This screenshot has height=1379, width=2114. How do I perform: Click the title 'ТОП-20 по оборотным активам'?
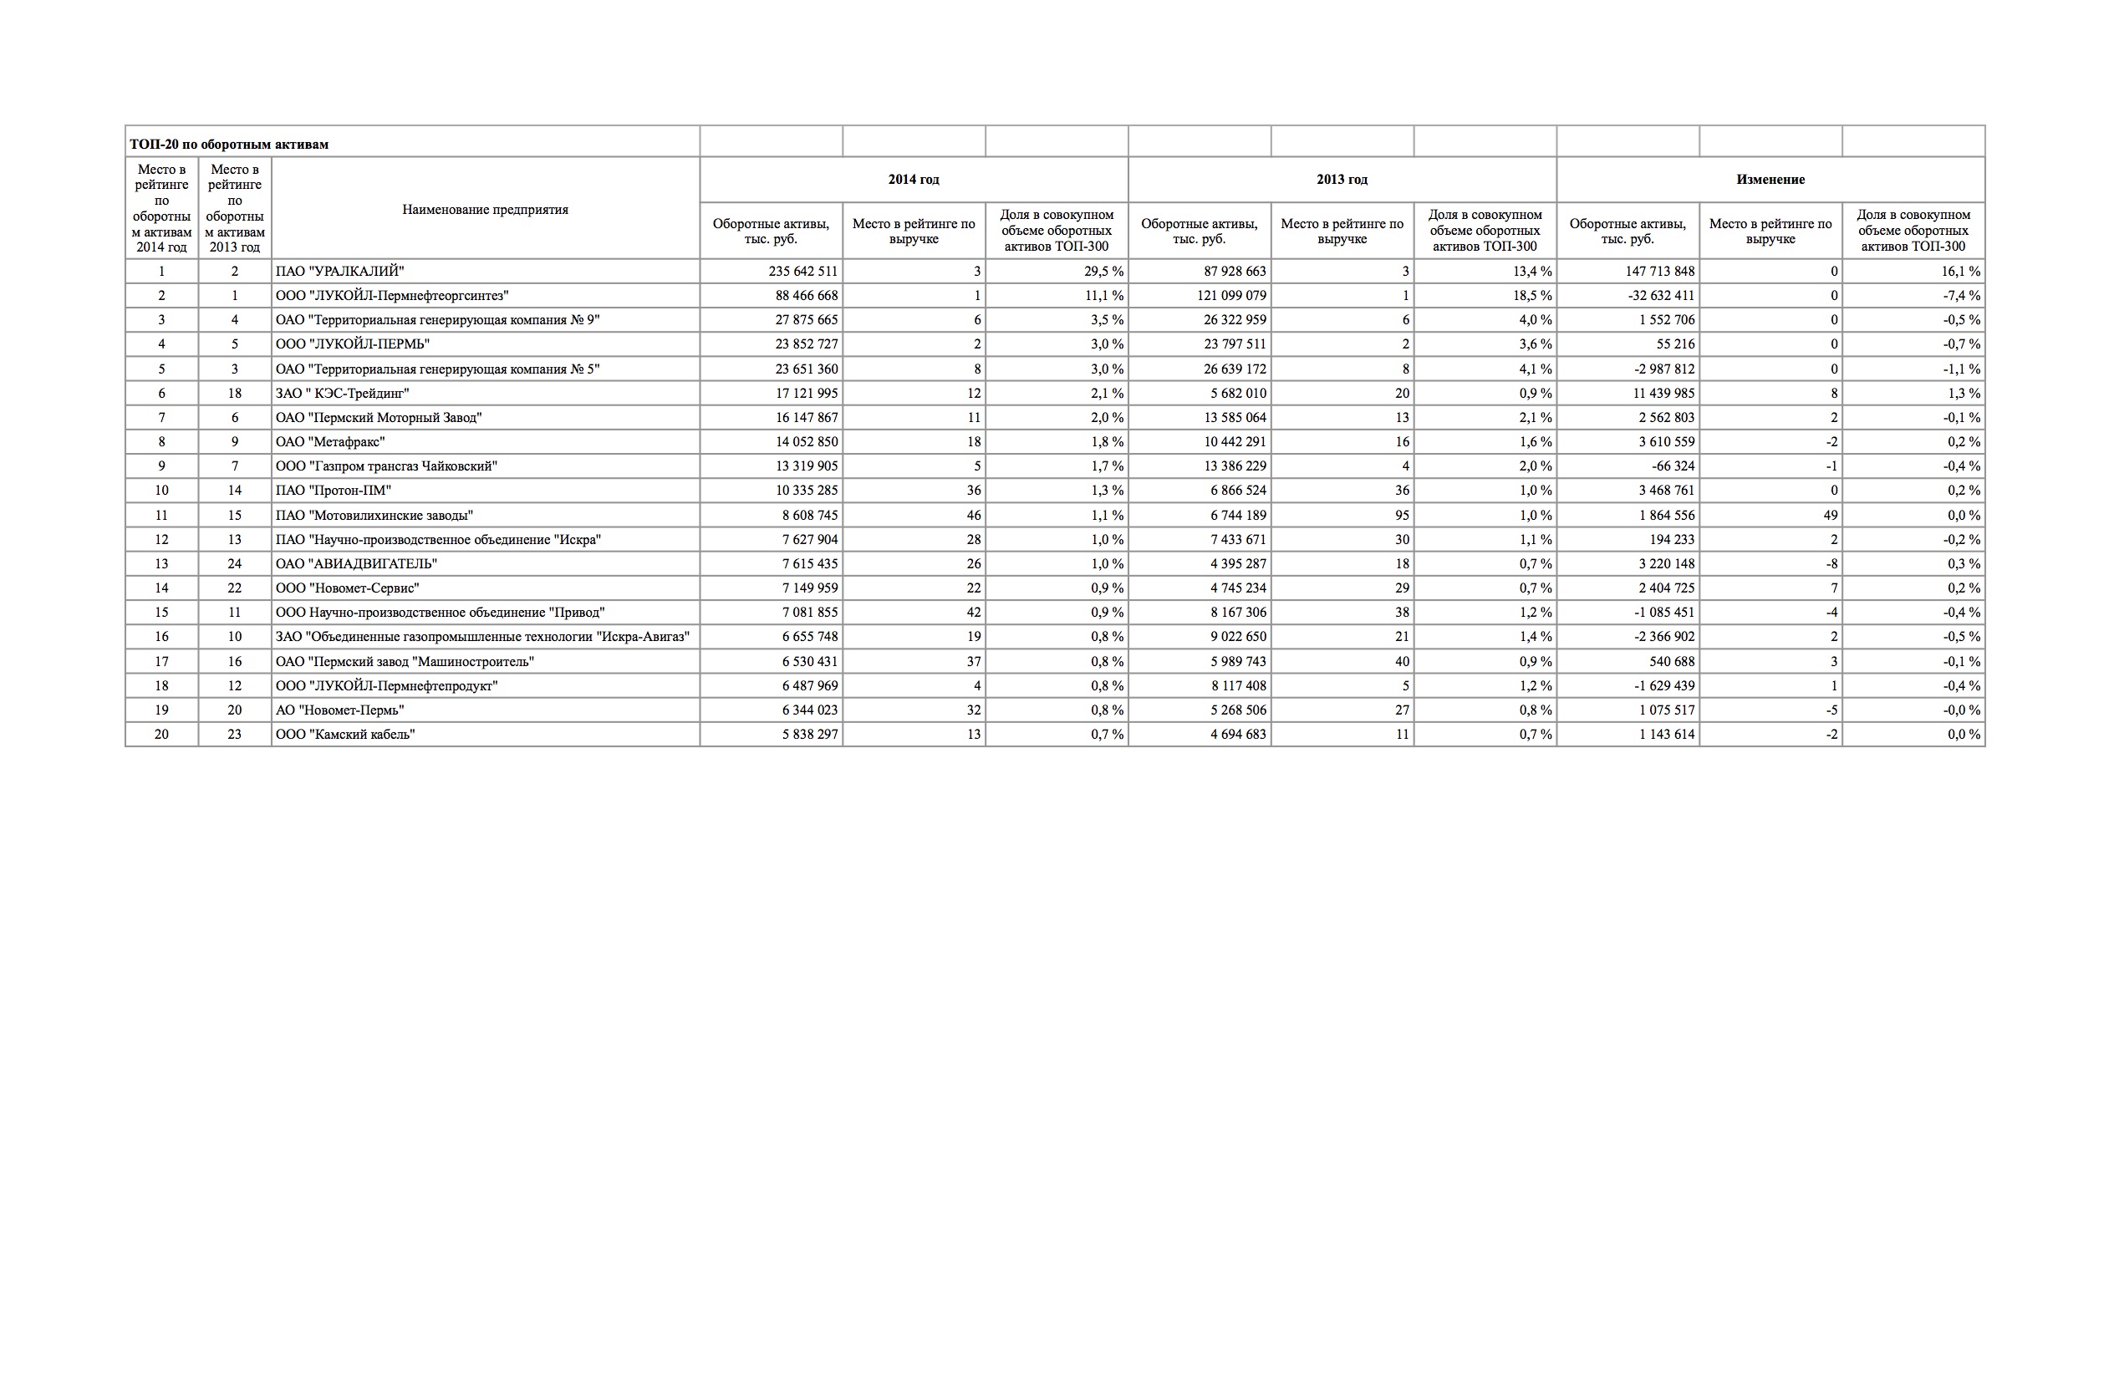(229, 144)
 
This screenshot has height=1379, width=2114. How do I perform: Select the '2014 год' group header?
(913, 180)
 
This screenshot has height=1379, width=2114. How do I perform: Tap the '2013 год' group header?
(1342, 180)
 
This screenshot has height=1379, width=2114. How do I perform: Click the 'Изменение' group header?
(1770, 180)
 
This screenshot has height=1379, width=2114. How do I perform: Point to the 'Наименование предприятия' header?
(485, 210)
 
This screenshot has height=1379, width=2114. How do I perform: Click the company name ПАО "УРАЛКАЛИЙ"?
(339, 272)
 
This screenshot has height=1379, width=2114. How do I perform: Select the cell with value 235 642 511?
(803, 272)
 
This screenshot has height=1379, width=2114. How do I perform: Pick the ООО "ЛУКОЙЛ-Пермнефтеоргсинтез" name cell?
(392, 296)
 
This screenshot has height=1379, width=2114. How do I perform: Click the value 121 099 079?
(1231, 296)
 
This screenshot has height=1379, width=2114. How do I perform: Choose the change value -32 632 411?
(1659, 296)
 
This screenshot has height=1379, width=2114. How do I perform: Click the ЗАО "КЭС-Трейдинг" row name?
(342, 394)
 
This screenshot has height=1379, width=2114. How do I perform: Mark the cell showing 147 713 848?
(1659, 272)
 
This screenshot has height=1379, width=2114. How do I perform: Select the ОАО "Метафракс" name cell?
(329, 442)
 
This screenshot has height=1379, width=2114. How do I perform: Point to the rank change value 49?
(1829, 515)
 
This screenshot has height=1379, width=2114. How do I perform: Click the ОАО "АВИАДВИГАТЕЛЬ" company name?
(356, 564)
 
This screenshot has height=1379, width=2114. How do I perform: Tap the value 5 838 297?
(809, 735)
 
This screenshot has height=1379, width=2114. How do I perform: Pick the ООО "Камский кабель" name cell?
(344, 735)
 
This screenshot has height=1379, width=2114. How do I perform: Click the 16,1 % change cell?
(1960, 272)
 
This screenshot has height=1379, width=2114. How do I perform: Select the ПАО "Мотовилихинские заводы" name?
(374, 515)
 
